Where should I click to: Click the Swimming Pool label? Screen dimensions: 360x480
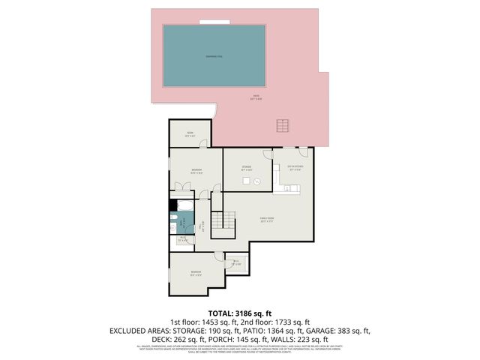click(x=214, y=55)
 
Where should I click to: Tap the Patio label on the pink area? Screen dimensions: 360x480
click(x=256, y=96)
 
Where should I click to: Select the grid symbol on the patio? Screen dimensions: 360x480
click(x=283, y=124)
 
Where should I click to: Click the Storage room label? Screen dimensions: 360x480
click(x=246, y=168)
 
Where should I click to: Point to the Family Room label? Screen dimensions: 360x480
click(x=265, y=220)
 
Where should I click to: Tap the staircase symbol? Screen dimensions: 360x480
click(x=219, y=221)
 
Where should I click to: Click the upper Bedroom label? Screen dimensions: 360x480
click(x=196, y=171)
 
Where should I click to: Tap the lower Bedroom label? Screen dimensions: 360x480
click(x=196, y=272)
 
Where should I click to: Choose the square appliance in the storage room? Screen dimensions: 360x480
click(x=257, y=181)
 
